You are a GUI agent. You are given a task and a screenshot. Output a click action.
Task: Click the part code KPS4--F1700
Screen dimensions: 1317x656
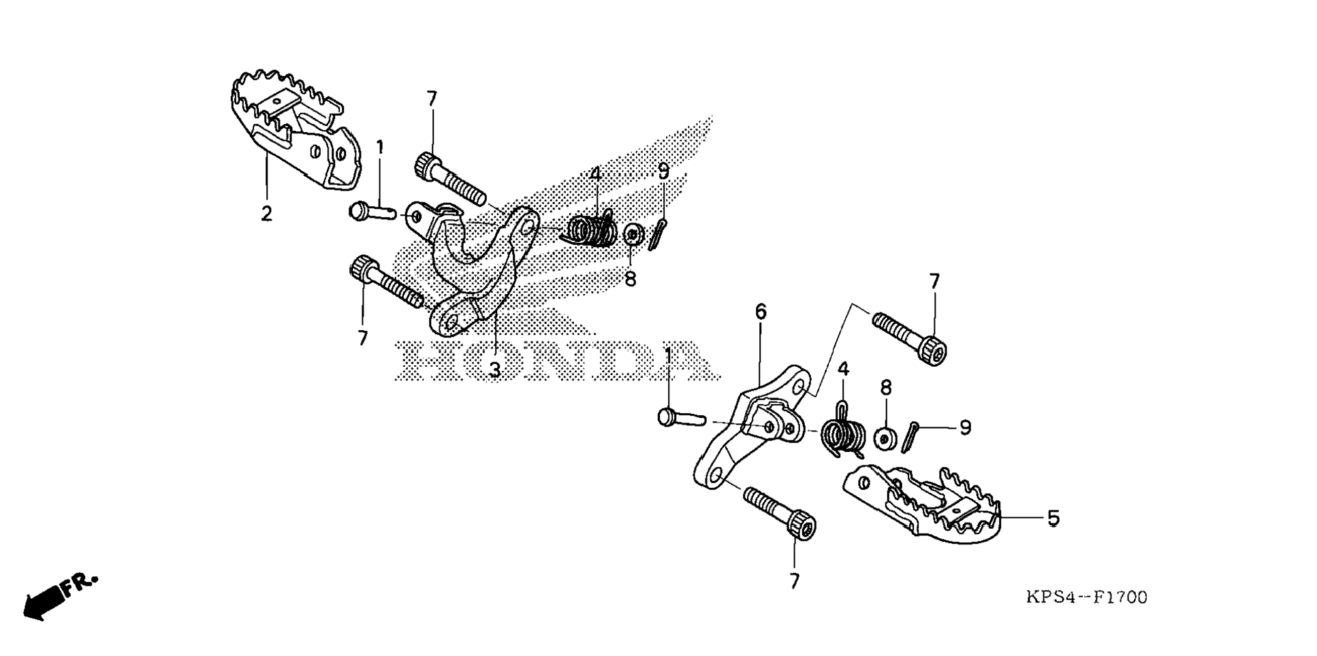tap(1086, 597)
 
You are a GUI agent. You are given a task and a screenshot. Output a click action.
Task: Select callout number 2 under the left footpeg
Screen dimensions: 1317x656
tap(266, 214)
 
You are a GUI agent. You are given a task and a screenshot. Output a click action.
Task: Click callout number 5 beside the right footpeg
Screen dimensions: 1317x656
tap(1053, 519)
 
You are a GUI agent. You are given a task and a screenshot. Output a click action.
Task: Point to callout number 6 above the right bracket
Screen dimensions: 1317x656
tap(761, 312)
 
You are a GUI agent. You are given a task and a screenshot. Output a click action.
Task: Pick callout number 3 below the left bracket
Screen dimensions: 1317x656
tap(495, 370)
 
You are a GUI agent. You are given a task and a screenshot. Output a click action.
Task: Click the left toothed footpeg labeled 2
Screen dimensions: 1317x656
tap(293, 129)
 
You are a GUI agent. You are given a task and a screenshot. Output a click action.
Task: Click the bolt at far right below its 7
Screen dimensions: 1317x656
tap(909, 336)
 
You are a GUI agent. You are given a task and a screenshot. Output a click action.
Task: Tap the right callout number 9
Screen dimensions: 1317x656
tap(964, 428)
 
